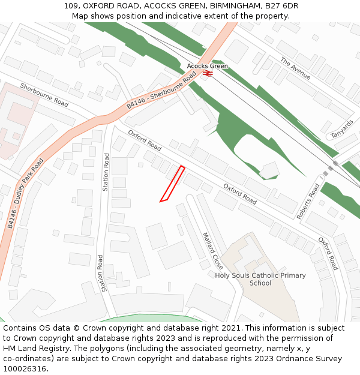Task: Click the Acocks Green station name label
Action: (x=207, y=66)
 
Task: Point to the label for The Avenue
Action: (x=295, y=68)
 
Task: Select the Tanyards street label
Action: (x=342, y=128)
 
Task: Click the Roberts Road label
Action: (x=309, y=201)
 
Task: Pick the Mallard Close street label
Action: (x=212, y=251)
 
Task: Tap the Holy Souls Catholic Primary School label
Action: (x=260, y=280)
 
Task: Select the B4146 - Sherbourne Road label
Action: (x=161, y=91)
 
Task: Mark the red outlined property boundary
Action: (x=172, y=184)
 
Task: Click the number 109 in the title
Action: (x=70, y=6)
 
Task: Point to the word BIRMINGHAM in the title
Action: (x=231, y=6)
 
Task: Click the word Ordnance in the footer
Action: (x=278, y=359)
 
